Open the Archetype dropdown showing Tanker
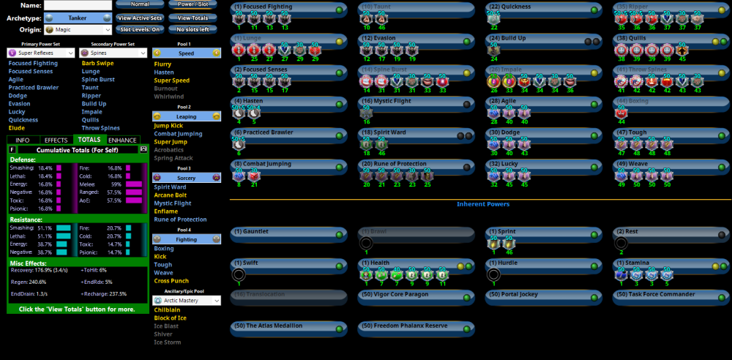tap(77, 17)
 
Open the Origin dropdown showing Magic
tap(77, 30)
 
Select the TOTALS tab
tap(89, 139)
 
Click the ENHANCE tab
tap(122, 139)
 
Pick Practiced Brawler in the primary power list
tap(33, 88)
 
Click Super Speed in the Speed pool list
tap(171, 80)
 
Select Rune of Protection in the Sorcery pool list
tap(180, 220)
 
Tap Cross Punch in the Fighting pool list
tap(171, 281)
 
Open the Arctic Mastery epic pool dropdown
tap(187, 300)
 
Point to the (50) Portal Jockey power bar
tap(542, 297)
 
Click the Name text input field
tap(77, 5)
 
